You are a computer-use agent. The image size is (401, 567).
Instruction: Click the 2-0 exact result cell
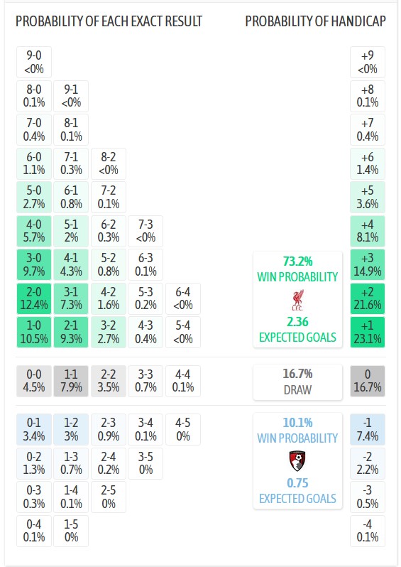point(34,298)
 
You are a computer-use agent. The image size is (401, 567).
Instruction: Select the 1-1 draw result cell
point(71,381)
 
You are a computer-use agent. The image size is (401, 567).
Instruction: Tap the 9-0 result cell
point(34,62)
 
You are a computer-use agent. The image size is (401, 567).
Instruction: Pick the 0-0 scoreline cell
point(34,381)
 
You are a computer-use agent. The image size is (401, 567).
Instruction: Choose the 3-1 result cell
point(71,298)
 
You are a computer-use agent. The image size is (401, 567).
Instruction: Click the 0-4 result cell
point(34,530)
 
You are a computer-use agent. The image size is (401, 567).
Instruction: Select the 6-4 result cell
point(182,298)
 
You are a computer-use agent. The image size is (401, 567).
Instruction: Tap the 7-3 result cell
point(145,231)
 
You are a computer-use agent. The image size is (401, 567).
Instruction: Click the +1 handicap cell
point(368,332)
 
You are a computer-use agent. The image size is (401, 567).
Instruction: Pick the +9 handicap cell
point(368,62)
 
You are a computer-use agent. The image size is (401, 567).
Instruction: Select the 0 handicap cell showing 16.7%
point(368,381)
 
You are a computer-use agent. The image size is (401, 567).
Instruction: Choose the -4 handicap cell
point(368,530)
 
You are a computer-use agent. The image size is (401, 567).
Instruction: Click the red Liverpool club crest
point(297,298)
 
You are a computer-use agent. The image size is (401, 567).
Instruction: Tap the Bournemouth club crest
point(297,462)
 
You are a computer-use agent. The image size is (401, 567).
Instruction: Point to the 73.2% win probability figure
point(297,261)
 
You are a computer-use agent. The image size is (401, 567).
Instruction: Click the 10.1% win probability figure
point(297,422)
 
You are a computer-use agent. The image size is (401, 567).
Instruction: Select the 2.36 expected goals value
point(297,322)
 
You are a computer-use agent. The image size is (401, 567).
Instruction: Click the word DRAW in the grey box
point(297,389)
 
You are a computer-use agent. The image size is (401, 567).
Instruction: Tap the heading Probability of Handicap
point(315,21)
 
